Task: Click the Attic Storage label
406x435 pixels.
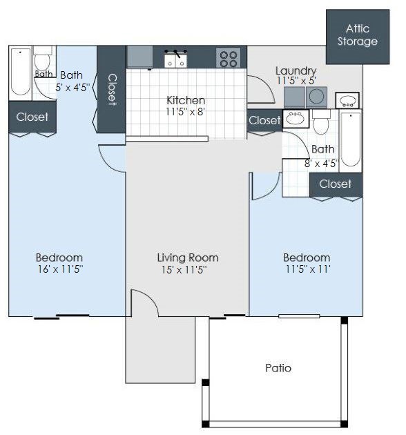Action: click(x=357, y=35)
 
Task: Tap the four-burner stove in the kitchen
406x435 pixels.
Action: click(x=228, y=57)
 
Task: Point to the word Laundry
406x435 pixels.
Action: click(x=296, y=70)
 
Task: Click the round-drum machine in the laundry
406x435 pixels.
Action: click(x=318, y=97)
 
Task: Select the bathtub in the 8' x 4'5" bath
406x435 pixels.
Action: click(x=350, y=139)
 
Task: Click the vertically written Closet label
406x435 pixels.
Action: click(x=111, y=89)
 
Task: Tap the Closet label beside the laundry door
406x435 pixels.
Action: click(x=264, y=121)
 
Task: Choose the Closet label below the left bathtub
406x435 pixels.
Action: click(x=32, y=117)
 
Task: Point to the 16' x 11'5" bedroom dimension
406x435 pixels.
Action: click(x=59, y=269)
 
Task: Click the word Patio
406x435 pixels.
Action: click(x=278, y=367)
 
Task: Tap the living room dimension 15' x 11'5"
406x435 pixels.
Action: click(x=182, y=269)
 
